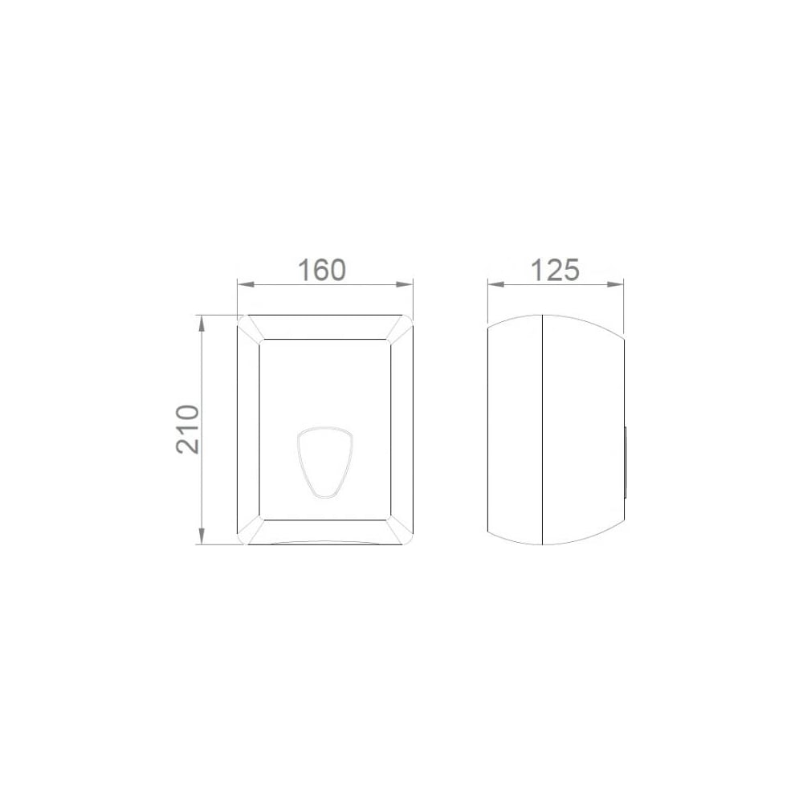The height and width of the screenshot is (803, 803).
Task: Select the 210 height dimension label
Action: (x=187, y=429)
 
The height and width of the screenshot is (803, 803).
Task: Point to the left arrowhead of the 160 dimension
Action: (x=244, y=284)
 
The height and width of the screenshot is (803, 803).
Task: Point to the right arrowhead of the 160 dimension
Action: (x=406, y=284)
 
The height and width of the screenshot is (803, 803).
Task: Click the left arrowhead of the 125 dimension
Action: (x=494, y=284)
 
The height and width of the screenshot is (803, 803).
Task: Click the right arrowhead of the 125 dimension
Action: (x=617, y=284)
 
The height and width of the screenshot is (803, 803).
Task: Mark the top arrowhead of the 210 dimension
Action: (x=202, y=322)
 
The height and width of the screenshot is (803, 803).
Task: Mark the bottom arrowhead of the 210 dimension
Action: (x=202, y=536)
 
